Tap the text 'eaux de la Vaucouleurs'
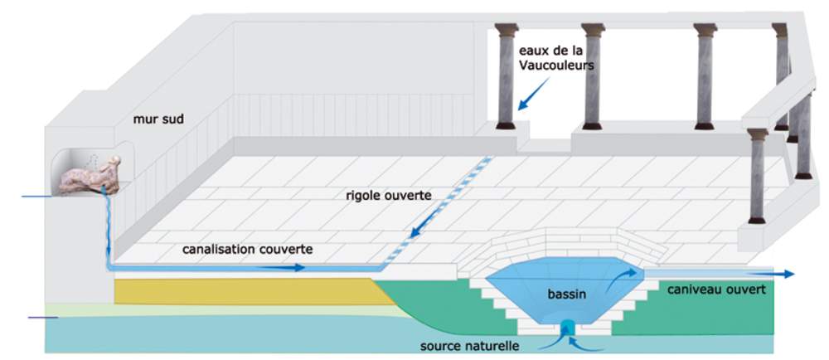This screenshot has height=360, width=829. coord(556,58)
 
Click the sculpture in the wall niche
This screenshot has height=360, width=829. coord(89,176)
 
